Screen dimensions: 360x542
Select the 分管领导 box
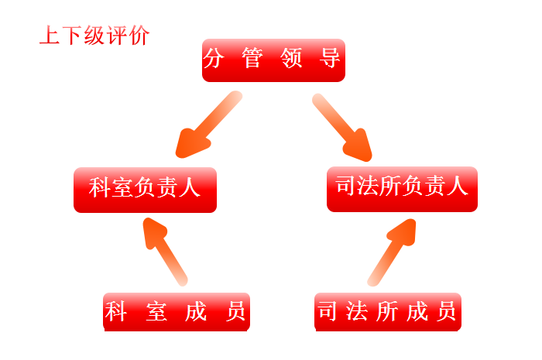pos(273,60)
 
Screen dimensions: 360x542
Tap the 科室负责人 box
pos(145,189)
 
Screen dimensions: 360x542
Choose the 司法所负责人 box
pos(402,188)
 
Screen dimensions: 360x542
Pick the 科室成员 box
pos(177,312)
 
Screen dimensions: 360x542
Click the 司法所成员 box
pos(387,312)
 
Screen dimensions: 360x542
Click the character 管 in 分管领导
pos(252,59)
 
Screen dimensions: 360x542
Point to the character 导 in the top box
pos(331,59)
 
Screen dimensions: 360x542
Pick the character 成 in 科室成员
pos(196,312)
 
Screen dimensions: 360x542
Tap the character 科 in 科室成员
pos(116,312)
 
